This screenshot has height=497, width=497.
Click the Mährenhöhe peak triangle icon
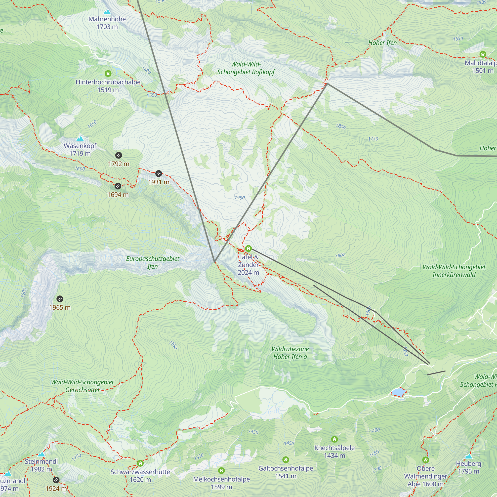tap(107, 12)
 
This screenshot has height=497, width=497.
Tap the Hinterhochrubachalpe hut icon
tap(108, 74)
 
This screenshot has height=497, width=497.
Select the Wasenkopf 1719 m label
tap(80, 149)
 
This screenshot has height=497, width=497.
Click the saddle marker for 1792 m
tap(118, 155)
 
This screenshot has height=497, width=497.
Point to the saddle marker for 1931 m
tap(159, 174)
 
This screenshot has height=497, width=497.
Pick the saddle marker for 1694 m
tap(118, 186)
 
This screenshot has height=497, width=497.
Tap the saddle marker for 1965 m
tap(60, 299)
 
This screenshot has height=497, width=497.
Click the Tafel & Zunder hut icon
tap(248, 248)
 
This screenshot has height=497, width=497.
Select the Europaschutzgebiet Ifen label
tap(153, 262)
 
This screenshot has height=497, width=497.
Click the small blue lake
tap(398, 392)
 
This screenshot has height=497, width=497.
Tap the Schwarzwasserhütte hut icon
tap(140, 463)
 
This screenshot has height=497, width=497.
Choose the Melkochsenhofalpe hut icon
tap(221, 471)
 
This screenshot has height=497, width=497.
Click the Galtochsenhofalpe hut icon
tap(286, 460)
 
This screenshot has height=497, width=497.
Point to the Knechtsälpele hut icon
tap(334, 439)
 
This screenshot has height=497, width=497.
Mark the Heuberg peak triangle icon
tap(468, 456)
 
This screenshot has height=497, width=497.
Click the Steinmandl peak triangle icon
tap(41, 455)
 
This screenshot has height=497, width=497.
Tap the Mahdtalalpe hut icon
tap(483, 54)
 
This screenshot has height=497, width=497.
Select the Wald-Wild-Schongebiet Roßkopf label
tap(246, 68)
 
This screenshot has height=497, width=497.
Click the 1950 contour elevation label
tap(240, 198)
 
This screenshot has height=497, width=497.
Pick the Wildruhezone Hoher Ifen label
tap(290, 353)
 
